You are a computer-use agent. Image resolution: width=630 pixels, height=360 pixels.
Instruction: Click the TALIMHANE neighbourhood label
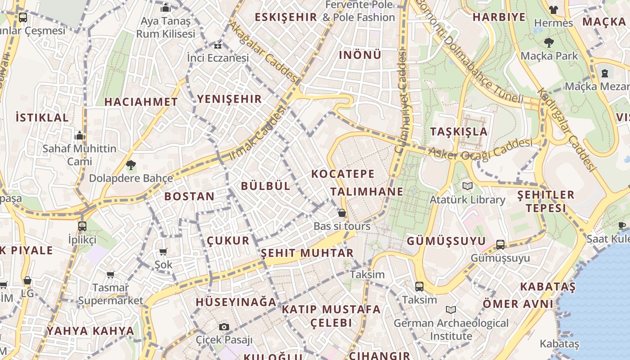click(x=367, y=192)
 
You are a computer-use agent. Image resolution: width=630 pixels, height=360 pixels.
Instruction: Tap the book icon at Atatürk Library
click(x=468, y=186)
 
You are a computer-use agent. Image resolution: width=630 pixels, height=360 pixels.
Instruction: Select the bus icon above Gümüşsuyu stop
click(x=500, y=244)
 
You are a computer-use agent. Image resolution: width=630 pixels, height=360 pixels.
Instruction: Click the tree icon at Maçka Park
click(x=549, y=43)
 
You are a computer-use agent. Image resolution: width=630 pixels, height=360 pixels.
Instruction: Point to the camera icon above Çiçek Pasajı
click(x=224, y=327)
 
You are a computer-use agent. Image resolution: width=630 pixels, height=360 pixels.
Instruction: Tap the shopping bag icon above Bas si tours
click(x=342, y=212)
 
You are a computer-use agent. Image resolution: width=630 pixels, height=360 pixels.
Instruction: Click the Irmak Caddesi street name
click(x=258, y=134)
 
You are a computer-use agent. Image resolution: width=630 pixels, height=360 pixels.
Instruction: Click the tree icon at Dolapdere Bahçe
click(x=130, y=165)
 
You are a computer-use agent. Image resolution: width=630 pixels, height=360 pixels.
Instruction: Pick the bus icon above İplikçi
click(x=82, y=226)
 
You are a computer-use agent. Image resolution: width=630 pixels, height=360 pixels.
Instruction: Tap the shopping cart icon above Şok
click(x=163, y=252)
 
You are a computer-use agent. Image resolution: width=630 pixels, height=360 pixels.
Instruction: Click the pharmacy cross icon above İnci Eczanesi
click(x=218, y=45)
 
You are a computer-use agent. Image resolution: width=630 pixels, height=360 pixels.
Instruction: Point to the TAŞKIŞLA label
click(x=459, y=131)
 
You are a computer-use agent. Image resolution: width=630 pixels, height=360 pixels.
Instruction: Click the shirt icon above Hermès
click(x=553, y=9)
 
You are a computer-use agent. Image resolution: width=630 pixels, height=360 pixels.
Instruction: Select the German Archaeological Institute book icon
click(x=451, y=310)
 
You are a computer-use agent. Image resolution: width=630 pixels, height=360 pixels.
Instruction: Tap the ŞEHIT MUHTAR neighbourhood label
click(x=307, y=253)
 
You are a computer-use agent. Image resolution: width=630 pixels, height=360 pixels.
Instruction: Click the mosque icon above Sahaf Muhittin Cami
click(x=80, y=135)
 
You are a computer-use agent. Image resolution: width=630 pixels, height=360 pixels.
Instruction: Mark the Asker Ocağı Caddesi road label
click(x=480, y=149)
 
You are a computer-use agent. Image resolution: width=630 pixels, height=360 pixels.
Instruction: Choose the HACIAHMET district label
click(x=141, y=102)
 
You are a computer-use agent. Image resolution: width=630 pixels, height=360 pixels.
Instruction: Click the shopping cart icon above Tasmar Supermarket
click(x=110, y=274)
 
